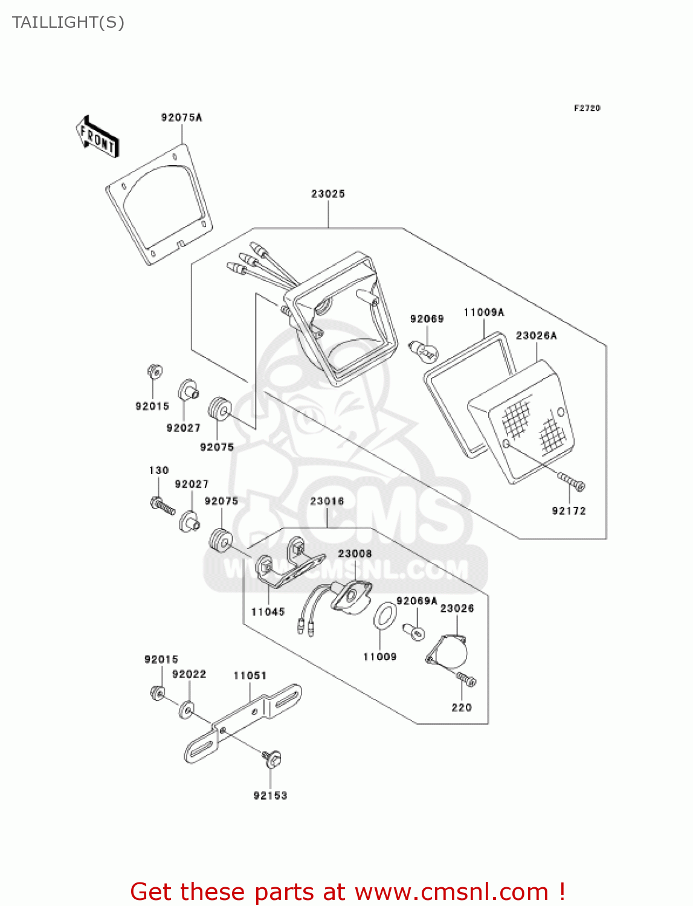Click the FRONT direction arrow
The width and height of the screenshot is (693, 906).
pos(97,138)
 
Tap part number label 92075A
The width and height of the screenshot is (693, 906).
pos(181,117)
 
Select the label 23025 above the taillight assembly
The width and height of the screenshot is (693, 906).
pos(328,194)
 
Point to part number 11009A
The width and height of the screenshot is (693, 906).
pos(483,312)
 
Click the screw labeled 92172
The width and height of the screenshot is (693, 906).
pos(572,482)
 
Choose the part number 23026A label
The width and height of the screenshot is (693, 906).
pos(536,336)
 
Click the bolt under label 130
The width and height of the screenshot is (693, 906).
pos(161,504)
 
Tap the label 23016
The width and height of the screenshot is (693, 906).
pos(327,501)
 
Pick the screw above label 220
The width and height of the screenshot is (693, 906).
pos(466,679)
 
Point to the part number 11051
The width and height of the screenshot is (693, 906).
pos(250,675)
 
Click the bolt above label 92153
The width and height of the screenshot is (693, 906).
pos(271,757)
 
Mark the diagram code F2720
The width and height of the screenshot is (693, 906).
pos(587,108)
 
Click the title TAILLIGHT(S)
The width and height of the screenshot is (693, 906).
pos(68,22)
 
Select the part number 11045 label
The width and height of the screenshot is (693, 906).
pos(268,612)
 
